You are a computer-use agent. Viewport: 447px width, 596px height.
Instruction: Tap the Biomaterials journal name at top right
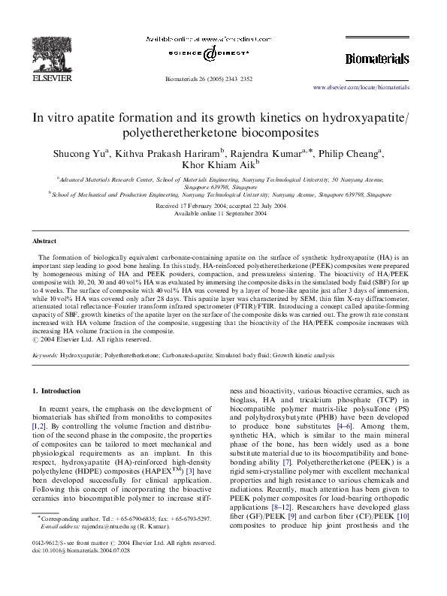click(x=376, y=59)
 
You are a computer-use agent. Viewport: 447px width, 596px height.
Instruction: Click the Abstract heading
click(x=44, y=242)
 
